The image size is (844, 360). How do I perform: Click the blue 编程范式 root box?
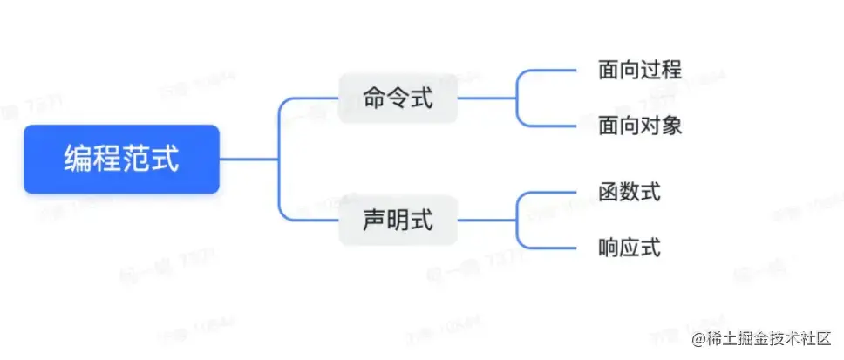(121, 159)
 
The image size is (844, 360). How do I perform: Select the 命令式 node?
(398, 98)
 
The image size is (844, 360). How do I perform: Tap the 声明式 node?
(398, 220)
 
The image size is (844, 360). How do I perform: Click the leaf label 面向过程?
(640, 70)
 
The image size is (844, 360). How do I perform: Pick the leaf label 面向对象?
(640, 126)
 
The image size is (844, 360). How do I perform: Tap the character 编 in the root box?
(78, 160)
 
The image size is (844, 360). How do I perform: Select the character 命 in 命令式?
(374, 98)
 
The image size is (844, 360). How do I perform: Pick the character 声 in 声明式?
(374, 220)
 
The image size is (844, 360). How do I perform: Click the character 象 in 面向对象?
(671, 126)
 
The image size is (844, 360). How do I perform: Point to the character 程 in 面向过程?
(671, 70)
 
